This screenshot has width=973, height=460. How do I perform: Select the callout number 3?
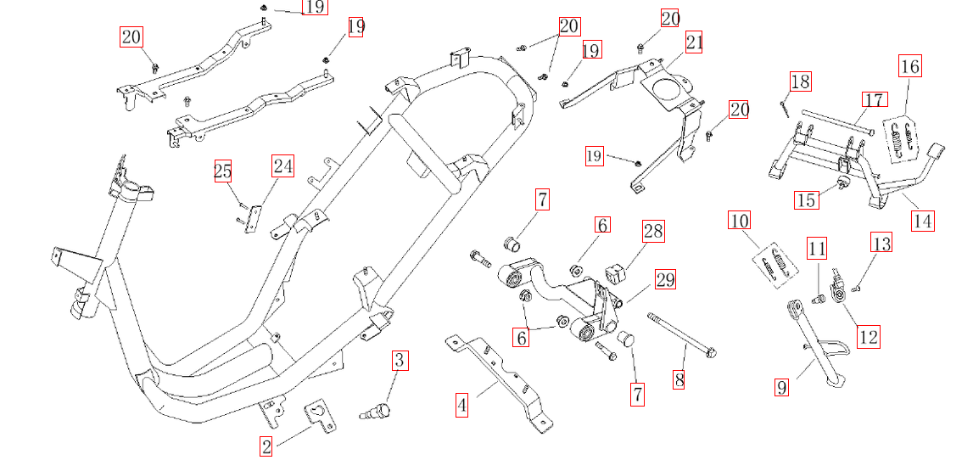point(400,361)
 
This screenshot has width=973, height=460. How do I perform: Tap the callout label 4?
point(461,406)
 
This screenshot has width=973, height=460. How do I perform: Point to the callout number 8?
point(679,379)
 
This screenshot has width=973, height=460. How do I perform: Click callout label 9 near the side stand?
point(782,388)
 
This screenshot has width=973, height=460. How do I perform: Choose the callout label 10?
point(740,222)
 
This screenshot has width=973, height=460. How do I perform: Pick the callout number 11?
point(816,250)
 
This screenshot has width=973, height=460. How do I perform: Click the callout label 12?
point(868,337)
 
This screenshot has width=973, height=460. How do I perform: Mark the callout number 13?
point(882,244)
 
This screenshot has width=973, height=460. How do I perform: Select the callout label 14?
point(923,222)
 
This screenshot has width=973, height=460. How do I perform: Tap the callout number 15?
point(807,199)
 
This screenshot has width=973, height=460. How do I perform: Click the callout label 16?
point(909,66)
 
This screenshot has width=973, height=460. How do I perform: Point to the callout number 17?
point(875,99)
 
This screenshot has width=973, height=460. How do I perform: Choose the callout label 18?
point(800,81)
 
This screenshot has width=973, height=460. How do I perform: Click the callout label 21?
point(695,42)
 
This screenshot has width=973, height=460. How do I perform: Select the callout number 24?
point(282,165)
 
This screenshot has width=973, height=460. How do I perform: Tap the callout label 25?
point(222,172)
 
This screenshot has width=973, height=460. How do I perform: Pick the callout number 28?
point(653,231)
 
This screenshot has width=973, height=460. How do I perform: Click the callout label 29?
point(665,279)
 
